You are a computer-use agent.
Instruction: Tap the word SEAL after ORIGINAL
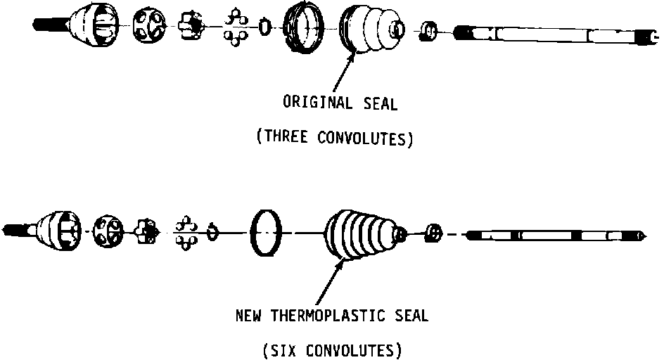pos(381,104)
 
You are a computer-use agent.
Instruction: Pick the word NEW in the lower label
pos(248,316)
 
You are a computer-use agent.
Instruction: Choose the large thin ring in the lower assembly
pos(267,231)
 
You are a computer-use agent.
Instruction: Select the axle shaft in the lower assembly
pos(556,234)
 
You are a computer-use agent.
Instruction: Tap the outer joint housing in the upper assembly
pos(94,27)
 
